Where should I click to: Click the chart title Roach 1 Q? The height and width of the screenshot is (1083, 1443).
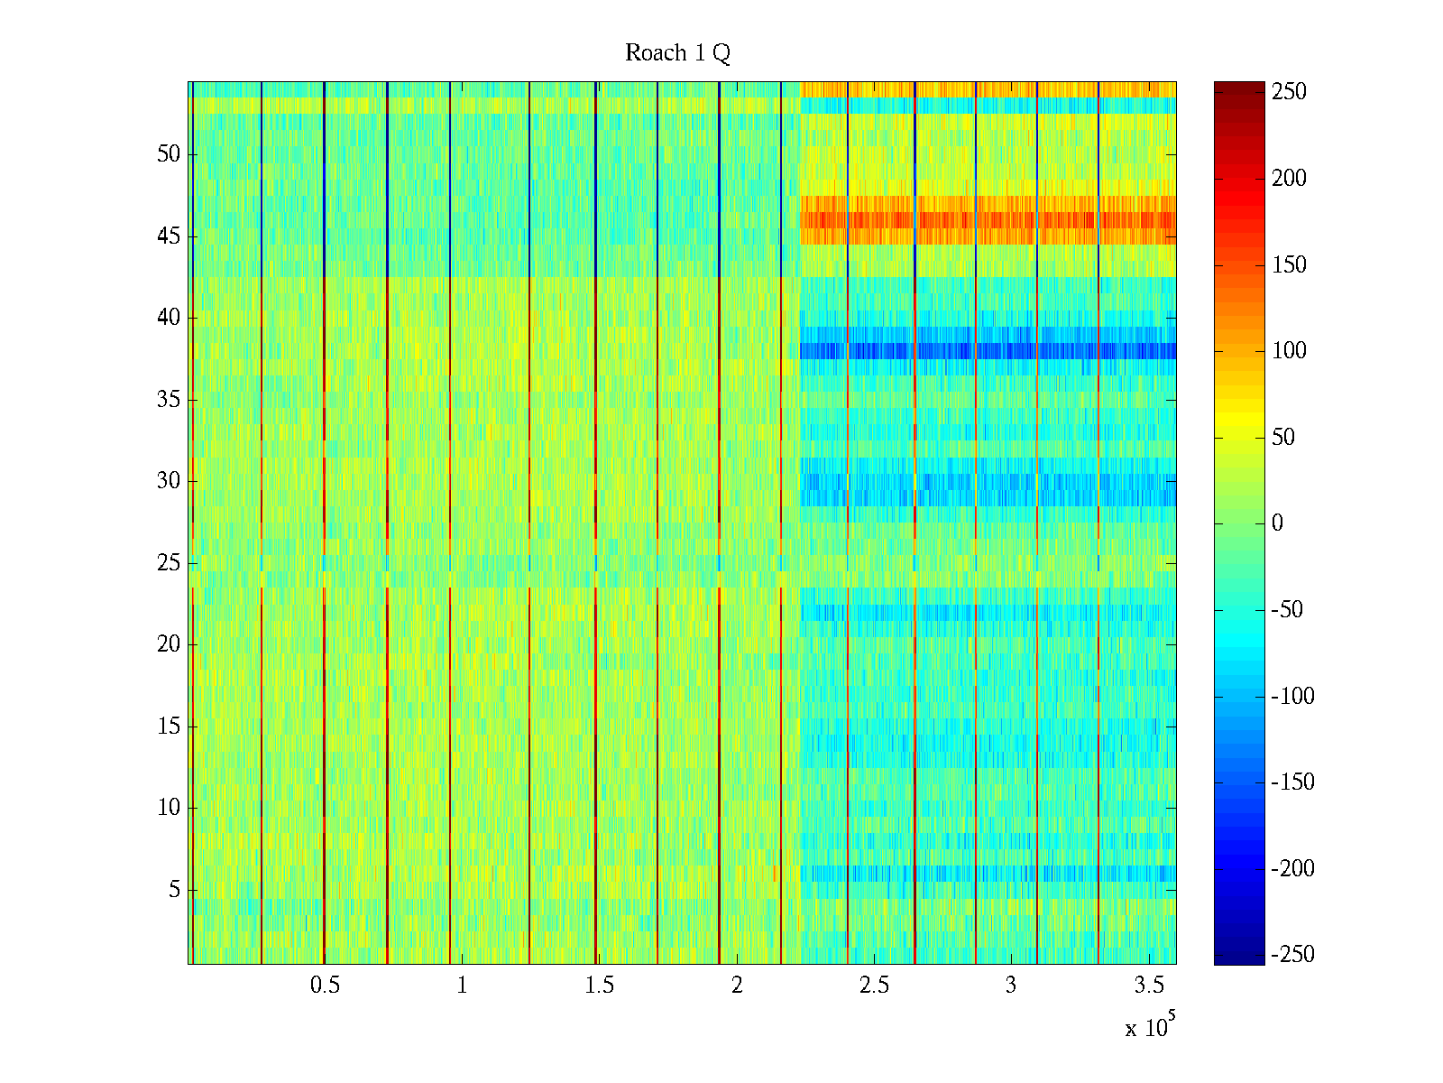(677, 53)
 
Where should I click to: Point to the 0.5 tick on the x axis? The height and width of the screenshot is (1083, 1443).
(325, 986)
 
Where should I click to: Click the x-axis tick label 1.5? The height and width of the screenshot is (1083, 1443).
(599, 986)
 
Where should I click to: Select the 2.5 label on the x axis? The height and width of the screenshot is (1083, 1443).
(874, 986)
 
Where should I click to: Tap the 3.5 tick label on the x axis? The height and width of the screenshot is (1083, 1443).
(1148, 986)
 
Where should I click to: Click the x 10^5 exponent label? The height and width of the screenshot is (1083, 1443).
(1149, 1027)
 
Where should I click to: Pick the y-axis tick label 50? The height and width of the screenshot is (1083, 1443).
(169, 154)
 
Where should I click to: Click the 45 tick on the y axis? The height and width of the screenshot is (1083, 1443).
(169, 236)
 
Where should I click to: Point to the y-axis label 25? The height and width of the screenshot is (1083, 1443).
(169, 563)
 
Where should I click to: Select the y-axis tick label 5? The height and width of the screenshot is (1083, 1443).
(174, 890)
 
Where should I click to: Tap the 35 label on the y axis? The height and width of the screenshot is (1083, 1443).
(169, 400)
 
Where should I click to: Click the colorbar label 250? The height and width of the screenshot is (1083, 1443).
(1289, 92)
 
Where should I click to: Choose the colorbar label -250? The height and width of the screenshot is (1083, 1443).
(1292, 955)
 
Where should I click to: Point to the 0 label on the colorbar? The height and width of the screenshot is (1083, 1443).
(1276, 523)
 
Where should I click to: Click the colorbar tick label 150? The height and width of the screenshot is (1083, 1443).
(1289, 265)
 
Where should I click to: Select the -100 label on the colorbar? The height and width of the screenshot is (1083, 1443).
(1292, 696)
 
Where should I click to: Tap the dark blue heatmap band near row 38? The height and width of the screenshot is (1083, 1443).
(988, 351)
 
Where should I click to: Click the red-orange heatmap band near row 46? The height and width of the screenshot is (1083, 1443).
(988, 220)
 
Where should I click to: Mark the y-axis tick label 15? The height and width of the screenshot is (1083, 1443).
(169, 727)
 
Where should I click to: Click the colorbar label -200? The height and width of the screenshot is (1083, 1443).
(1292, 869)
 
